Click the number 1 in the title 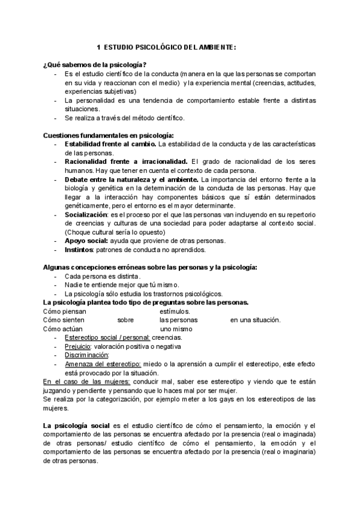(98, 47)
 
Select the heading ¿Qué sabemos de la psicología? (95, 64)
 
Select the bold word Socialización (85, 214)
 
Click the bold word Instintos (79, 249)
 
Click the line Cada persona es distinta (94, 276)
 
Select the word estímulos (175, 311)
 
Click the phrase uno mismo (176, 329)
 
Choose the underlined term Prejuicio (78, 346)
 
